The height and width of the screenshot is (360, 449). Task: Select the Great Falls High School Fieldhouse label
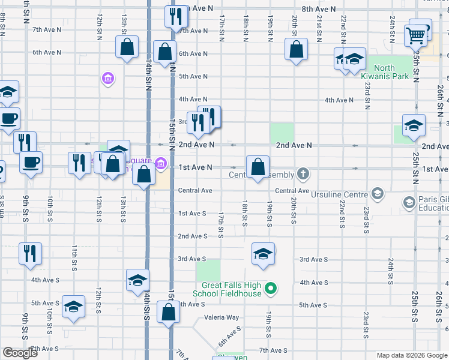[x=227, y=290]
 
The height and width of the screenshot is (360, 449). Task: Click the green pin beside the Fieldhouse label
[x=271, y=289]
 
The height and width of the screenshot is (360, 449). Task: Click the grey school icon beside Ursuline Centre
[x=377, y=193]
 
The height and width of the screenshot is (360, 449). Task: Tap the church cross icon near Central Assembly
[x=304, y=175]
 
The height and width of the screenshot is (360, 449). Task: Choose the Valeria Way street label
[x=221, y=317]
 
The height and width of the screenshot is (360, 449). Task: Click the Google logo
[x=20, y=353]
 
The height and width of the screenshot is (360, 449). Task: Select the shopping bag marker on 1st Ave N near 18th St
[x=258, y=167]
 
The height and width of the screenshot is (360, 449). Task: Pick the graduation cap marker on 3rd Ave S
[x=263, y=254]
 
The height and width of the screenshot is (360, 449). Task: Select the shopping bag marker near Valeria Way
[x=168, y=312]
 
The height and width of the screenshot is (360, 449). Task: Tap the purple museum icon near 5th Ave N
[x=108, y=79]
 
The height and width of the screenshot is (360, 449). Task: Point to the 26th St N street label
[x=440, y=96]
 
